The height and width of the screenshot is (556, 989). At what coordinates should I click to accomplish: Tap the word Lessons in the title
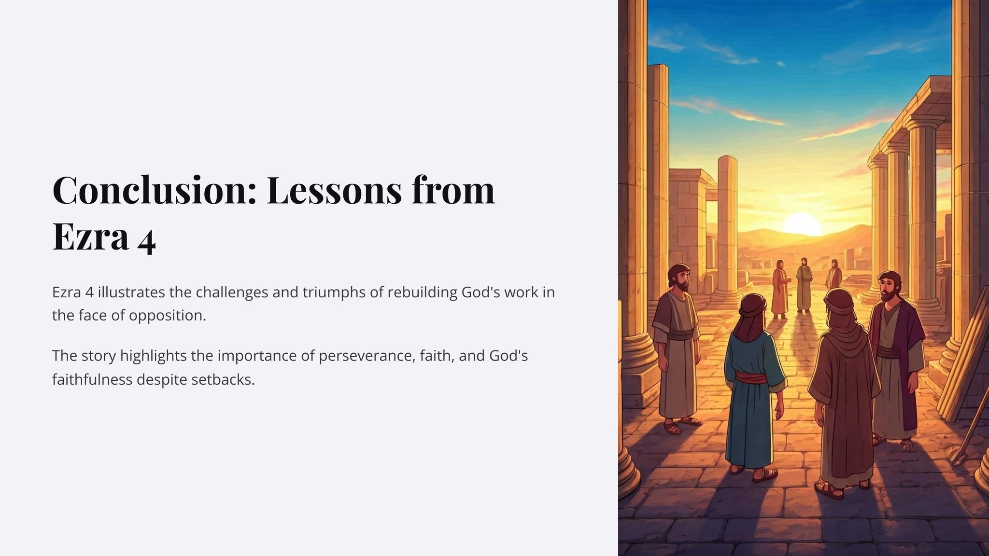[334, 190]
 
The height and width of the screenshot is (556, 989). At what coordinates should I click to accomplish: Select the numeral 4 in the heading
[146, 241]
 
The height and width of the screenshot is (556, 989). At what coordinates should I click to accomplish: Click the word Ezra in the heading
[90, 236]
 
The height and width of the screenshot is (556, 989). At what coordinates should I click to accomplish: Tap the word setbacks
[223, 380]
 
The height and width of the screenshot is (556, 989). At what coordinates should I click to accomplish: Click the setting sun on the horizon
[802, 224]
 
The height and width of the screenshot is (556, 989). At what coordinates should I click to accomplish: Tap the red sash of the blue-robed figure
[751, 377]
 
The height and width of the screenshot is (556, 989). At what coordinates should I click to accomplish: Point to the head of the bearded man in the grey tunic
[679, 278]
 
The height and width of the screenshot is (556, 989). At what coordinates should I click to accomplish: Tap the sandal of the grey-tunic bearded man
[672, 428]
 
